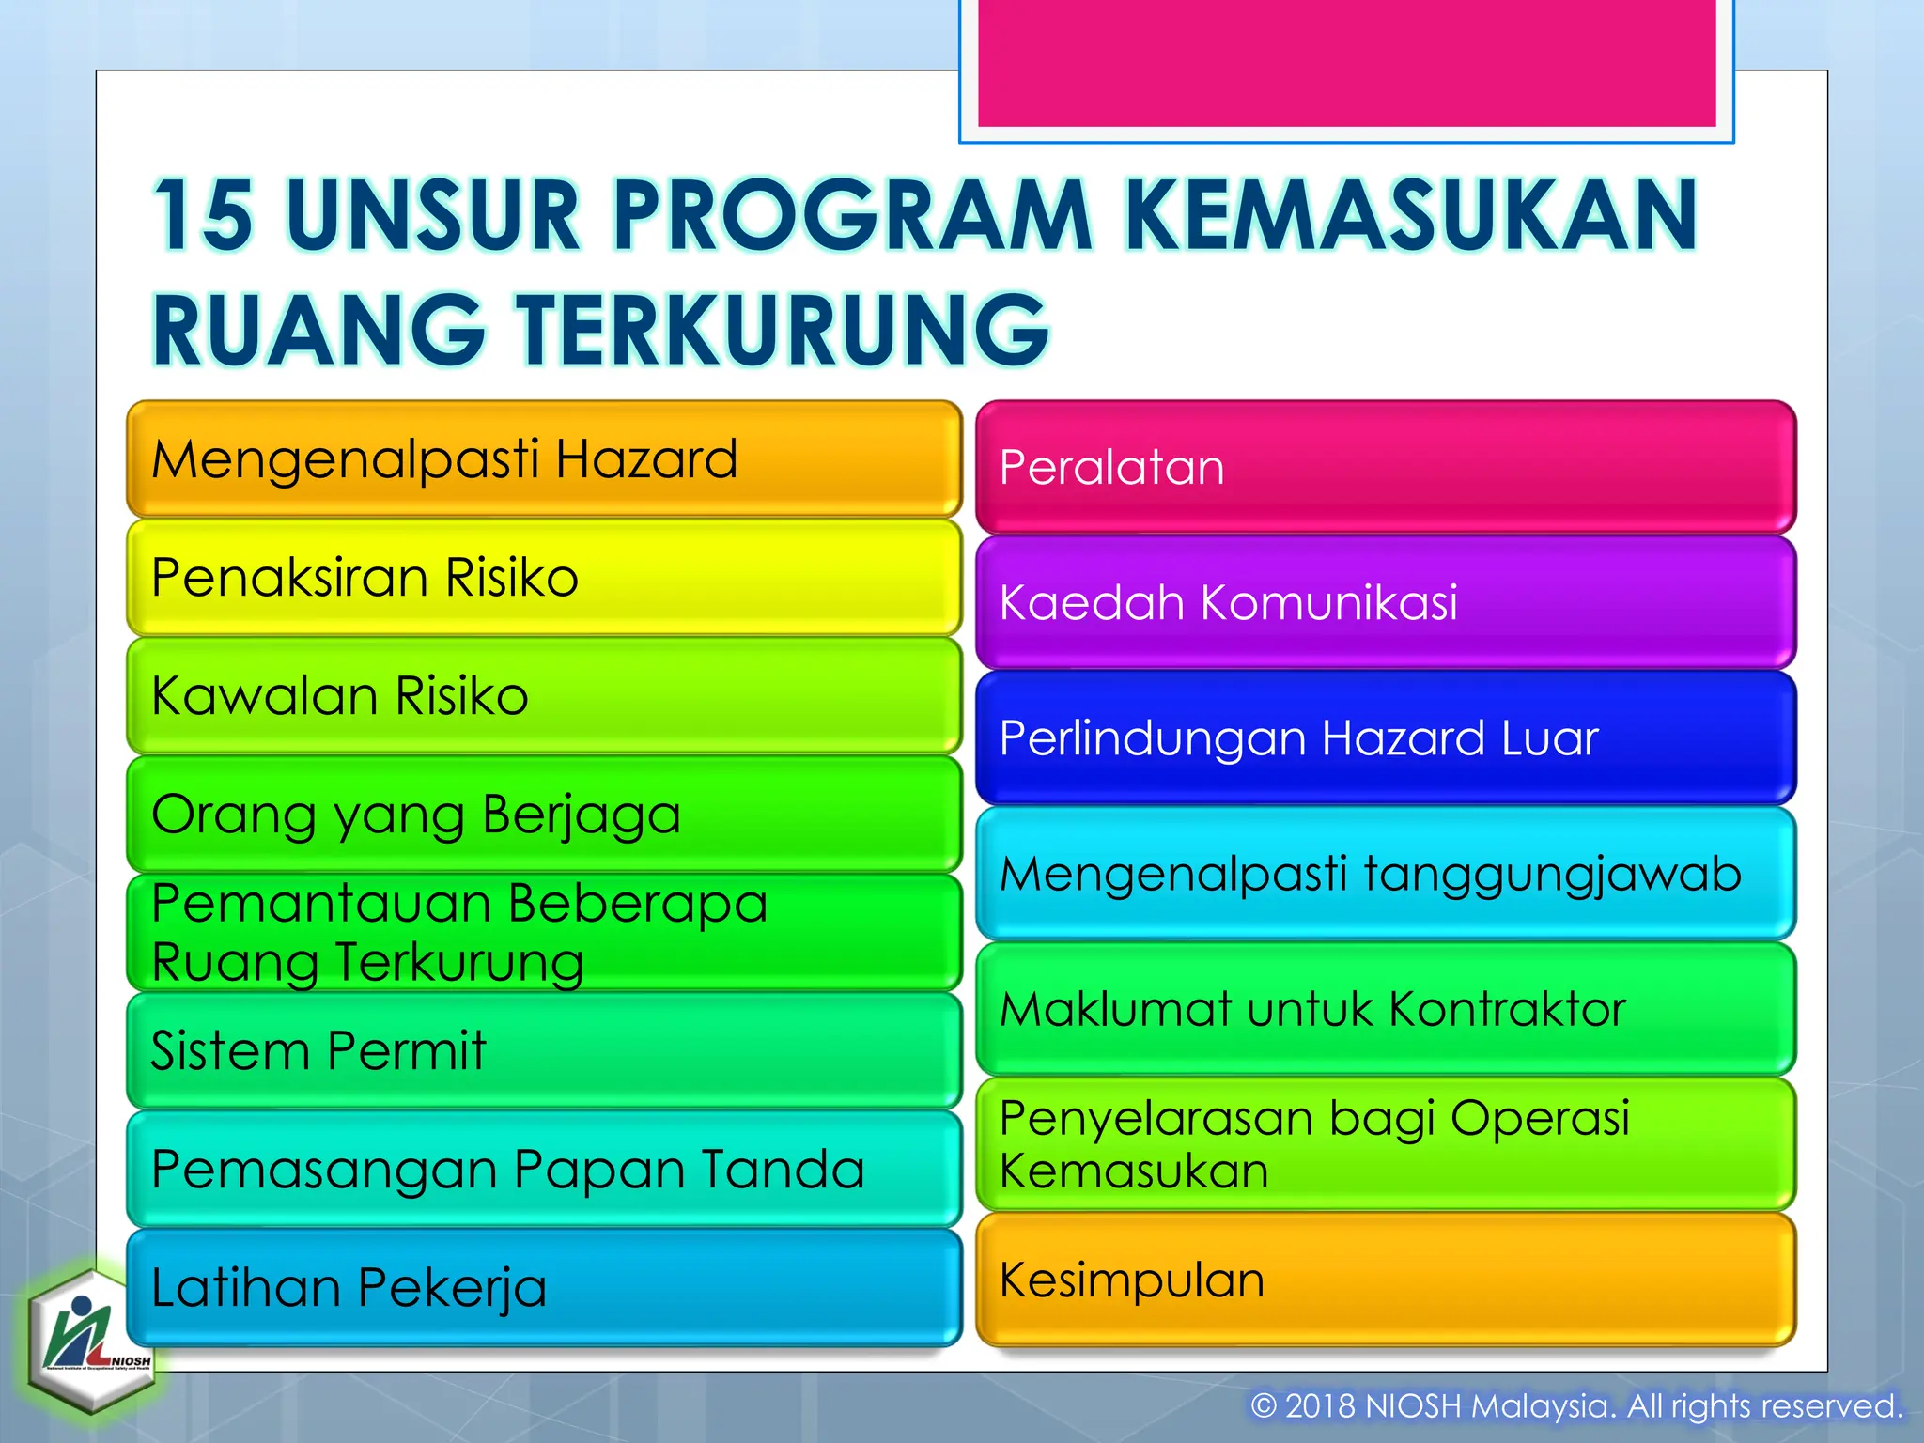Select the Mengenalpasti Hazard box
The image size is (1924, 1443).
tap(544, 459)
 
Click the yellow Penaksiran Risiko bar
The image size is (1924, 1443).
tap(544, 577)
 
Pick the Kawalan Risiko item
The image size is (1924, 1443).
tap(544, 696)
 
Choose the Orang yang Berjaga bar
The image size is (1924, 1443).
tap(544, 815)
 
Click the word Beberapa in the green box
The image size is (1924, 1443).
tap(638, 904)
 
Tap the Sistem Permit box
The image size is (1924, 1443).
tap(544, 1050)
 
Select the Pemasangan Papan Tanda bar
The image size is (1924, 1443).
tap(544, 1170)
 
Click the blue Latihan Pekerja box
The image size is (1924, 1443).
tap(544, 1287)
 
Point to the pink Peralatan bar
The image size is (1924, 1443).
tap(1386, 467)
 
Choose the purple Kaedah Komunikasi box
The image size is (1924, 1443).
tap(1386, 602)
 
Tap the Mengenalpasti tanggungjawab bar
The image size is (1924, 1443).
tap(1386, 874)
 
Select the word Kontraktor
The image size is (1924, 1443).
tap(1507, 1010)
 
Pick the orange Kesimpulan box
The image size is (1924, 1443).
tap(1386, 1280)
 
